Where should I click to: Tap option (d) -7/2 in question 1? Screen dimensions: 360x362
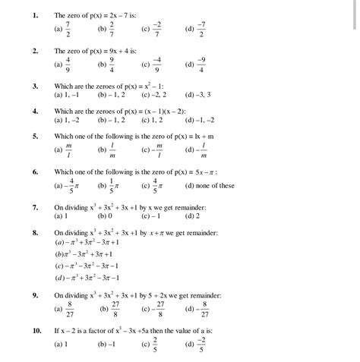tap(197, 30)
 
